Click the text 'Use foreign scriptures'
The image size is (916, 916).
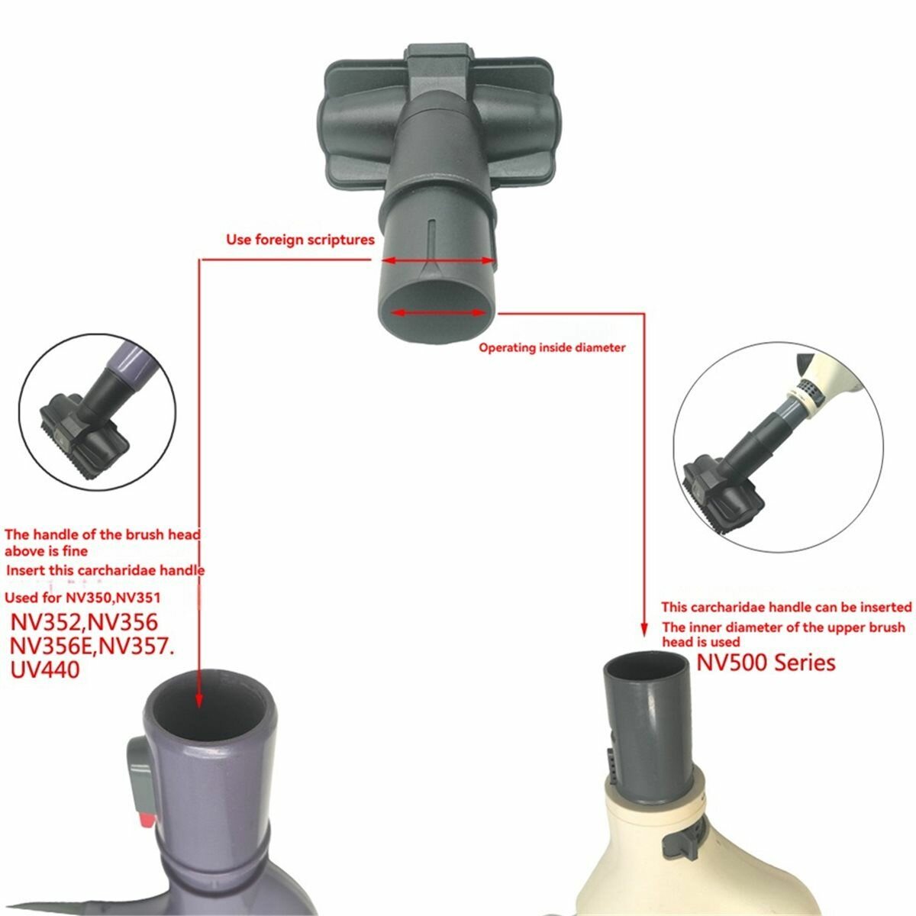point(300,239)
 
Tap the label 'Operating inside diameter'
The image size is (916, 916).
point(552,347)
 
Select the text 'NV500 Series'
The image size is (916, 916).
point(766,663)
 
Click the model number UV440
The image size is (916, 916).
point(45,670)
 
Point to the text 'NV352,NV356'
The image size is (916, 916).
point(84,622)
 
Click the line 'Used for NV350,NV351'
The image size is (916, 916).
point(82,598)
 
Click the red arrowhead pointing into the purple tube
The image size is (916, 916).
point(199,701)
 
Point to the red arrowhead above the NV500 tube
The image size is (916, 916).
point(643,629)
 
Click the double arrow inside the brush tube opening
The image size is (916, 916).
point(438,312)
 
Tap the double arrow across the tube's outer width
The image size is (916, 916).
point(438,260)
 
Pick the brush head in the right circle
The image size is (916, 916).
point(723,492)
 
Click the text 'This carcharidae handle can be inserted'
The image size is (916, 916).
point(786,607)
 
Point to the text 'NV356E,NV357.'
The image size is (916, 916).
point(92,647)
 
